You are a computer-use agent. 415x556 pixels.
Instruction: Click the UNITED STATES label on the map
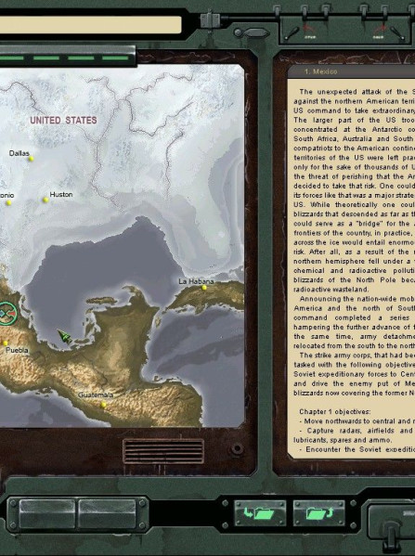tap(63, 121)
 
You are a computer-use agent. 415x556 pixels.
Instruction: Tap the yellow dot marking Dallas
tap(31, 159)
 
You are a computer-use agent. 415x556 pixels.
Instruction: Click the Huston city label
tap(60, 194)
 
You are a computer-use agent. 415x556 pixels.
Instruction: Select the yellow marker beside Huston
tap(45, 200)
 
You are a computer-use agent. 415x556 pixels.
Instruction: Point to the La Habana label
tap(196, 280)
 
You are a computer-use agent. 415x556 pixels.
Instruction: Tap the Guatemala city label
tap(97, 394)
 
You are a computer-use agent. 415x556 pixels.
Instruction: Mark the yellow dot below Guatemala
tap(104, 403)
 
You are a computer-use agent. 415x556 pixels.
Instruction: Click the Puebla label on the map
tap(16, 351)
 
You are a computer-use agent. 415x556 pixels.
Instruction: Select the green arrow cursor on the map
tap(64, 335)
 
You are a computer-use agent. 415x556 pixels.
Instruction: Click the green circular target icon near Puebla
tap(6, 316)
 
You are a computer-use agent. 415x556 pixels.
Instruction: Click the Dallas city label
tap(19, 152)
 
